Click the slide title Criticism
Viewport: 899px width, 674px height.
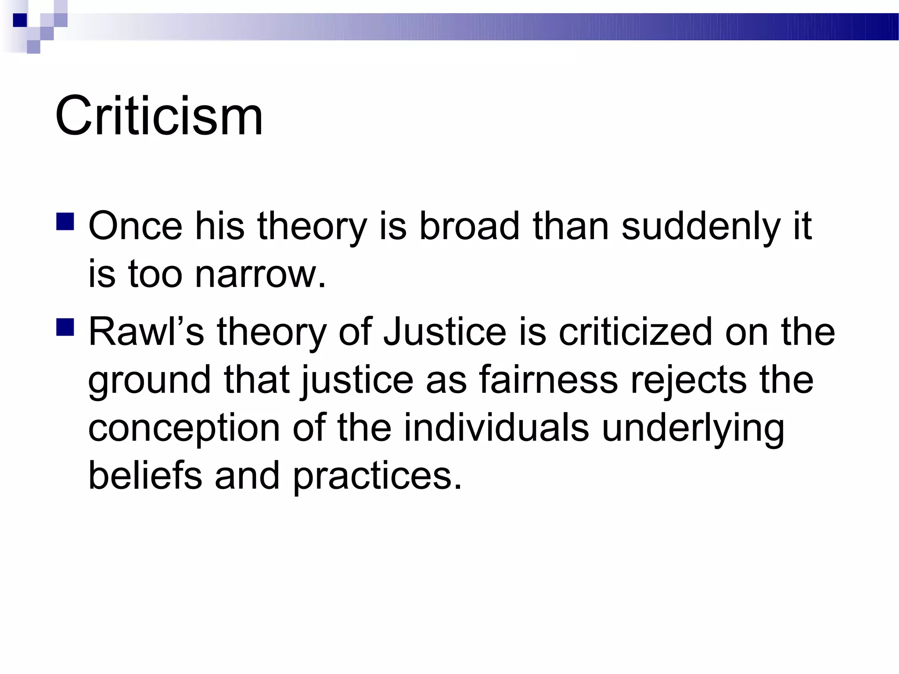(x=159, y=116)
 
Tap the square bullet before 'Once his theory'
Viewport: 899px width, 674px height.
(x=65, y=222)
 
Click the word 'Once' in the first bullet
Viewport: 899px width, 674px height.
(x=135, y=226)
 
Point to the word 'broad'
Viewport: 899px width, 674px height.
(x=469, y=226)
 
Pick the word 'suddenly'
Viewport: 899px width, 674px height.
(x=701, y=226)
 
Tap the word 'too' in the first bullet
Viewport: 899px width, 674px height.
(x=155, y=275)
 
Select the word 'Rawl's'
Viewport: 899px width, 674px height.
(x=146, y=332)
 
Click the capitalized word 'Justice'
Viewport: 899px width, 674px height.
(x=445, y=332)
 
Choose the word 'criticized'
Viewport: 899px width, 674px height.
(x=635, y=332)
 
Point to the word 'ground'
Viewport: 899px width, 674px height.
(x=149, y=380)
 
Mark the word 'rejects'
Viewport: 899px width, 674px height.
(x=688, y=380)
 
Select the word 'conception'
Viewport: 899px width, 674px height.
(x=184, y=428)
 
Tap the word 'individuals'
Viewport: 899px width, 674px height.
(x=496, y=428)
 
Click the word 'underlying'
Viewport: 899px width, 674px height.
(x=693, y=428)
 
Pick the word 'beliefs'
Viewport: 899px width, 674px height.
(x=145, y=476)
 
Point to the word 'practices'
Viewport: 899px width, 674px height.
(x=377, y=476)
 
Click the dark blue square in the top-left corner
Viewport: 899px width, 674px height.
(x=20, y=20)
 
